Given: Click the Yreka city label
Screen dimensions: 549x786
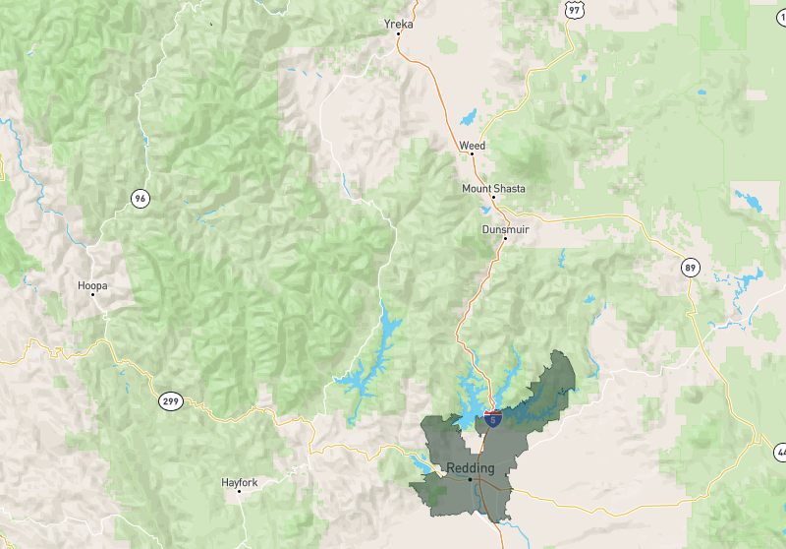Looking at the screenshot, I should coord(398,24).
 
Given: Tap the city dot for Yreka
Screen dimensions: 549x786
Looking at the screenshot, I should coord(398,34).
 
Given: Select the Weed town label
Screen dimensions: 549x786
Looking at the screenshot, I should coord(472,146).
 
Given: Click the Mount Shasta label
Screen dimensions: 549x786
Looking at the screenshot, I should coord(493,188).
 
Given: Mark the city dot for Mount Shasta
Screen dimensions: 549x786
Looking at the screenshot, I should coord(493,198).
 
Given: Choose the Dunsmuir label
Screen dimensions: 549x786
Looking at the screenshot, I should coord(505,228).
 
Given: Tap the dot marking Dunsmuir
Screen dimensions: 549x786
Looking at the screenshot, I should coord(505,238).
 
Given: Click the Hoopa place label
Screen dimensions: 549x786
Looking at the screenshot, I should coord(92,285).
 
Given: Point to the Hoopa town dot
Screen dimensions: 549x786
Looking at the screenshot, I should coord(92,295).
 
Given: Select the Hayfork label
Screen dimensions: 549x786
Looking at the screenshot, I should coord(240,482).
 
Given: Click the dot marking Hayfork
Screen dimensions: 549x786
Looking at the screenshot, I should coord(240,492).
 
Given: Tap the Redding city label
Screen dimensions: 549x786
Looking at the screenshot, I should coord(470,467).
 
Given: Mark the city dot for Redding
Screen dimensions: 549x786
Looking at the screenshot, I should coord(470,479).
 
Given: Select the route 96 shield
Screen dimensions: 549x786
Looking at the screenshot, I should coord(140,199).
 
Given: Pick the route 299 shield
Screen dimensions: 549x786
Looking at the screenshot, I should coord(170,401).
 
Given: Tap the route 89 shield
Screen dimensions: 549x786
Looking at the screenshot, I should coord(691,267).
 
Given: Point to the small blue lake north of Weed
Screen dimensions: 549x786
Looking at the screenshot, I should coord(468,117).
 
